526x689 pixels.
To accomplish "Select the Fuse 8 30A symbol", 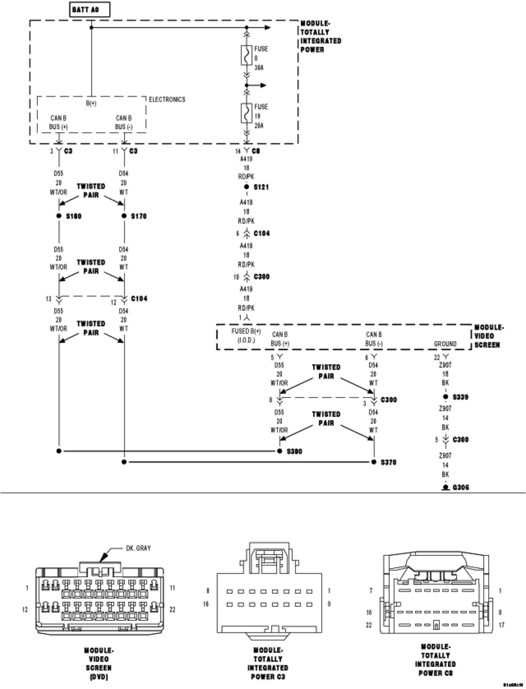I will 246,56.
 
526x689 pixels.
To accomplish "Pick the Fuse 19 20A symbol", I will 246,113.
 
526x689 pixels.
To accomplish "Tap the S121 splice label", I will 261,187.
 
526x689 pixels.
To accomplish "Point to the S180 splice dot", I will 59,216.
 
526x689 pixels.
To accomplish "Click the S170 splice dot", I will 124,216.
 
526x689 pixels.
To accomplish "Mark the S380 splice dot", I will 279,451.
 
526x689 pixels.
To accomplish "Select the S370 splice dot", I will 374,462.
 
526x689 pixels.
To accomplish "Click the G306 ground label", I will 461,488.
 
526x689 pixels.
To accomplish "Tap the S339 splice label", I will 460,397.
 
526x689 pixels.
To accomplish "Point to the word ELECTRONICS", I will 167,100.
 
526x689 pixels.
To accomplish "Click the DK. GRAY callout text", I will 138,548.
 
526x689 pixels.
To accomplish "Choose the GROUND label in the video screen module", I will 445,344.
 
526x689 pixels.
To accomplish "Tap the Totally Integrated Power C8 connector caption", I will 436,660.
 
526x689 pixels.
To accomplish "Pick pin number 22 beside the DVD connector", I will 173,609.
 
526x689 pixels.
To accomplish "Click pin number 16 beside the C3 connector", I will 206,604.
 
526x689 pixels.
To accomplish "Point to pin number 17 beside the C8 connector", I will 501,625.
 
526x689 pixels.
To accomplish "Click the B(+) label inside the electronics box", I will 91,104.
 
